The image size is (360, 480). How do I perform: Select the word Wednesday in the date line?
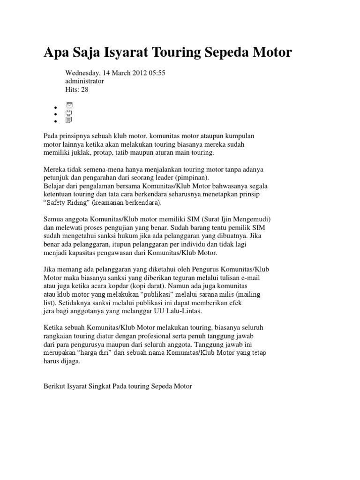[83, 73]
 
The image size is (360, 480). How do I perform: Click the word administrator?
[84, 81]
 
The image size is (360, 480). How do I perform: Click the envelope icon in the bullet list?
[69, 105]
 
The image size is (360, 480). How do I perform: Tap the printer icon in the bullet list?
[69, 112]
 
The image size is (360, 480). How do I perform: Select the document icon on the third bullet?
[69, 120]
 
